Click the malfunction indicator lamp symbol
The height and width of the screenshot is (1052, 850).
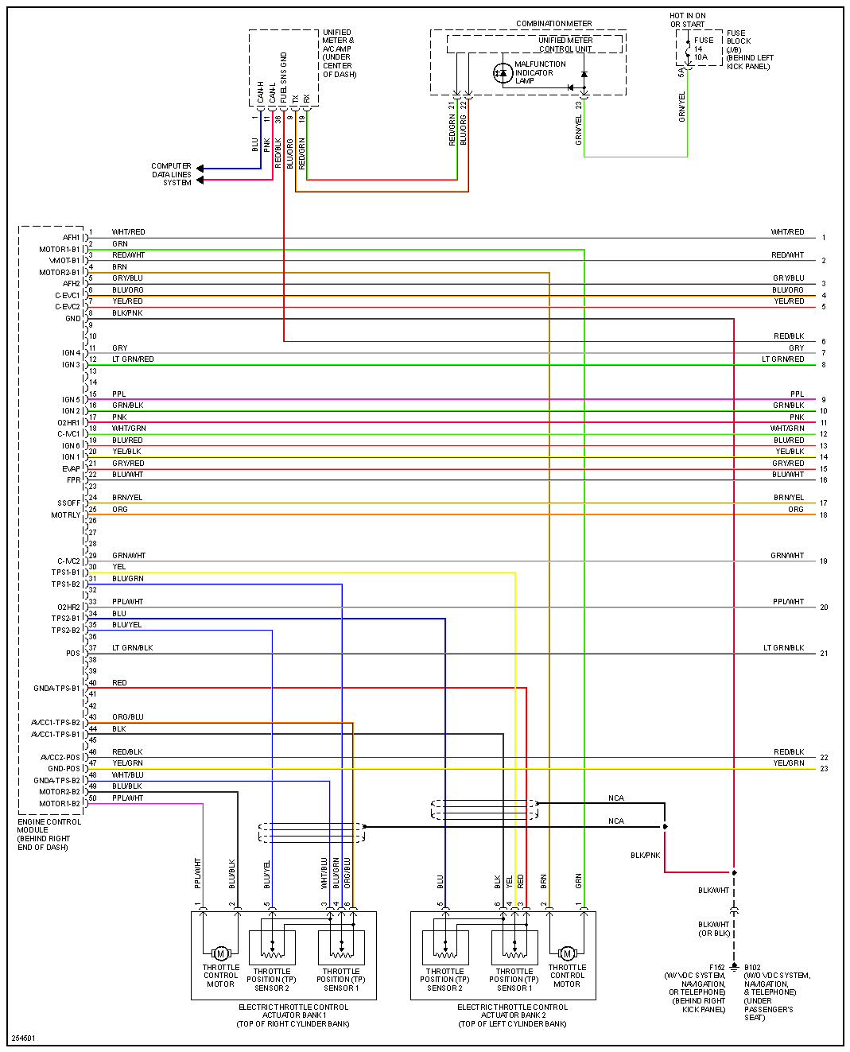tap(502, 73)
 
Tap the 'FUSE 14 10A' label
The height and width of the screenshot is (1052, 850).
tap(701, 49)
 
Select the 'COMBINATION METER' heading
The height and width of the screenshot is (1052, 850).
tap(553, 24)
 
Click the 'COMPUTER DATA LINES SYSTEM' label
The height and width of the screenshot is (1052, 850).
tap(172, 174)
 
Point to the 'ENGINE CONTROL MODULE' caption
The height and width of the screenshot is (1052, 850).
tap(49, 834)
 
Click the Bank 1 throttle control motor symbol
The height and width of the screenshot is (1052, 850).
tap(220, 953)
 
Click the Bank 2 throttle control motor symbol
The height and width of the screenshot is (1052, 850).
tap(567, 953)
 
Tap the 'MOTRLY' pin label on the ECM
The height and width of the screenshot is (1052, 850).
tap(66, 515)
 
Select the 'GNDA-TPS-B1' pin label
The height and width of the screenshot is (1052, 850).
tap(56, 689)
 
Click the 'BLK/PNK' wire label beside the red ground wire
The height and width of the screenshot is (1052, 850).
tap(645, 856)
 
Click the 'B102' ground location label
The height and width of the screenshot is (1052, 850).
tap(752, 968)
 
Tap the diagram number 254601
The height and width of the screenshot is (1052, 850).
tap(23, 1038)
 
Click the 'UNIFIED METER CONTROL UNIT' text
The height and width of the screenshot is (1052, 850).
tap(565, 45)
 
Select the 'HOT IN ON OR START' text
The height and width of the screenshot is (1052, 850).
tap(688, 20)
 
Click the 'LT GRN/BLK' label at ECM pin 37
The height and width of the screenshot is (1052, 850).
tap(132, 648)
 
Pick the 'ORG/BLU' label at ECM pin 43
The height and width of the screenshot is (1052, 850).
tap(127, 717)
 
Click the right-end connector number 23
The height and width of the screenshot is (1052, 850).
tap(824, 769)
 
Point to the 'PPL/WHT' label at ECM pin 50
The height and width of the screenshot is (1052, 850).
tap(127, 798)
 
